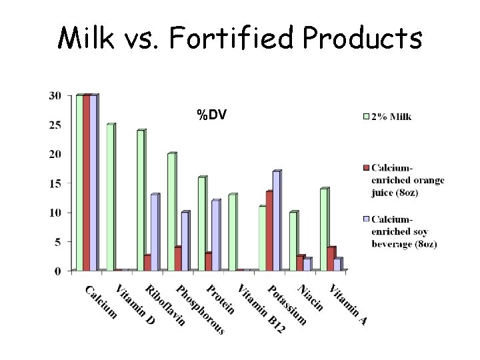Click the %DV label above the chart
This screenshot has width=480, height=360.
(211, 115)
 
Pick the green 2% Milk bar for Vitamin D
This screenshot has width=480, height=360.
(110, 197)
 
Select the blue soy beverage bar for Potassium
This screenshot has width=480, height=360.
(276, 221)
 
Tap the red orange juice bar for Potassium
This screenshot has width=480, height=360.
(269, 231)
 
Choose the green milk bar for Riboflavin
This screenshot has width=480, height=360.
(141, 200)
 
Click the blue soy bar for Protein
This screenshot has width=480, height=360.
(215, 235)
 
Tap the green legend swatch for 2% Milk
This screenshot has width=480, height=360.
(365, 117)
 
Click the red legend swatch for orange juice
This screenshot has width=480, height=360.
(365, 166)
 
